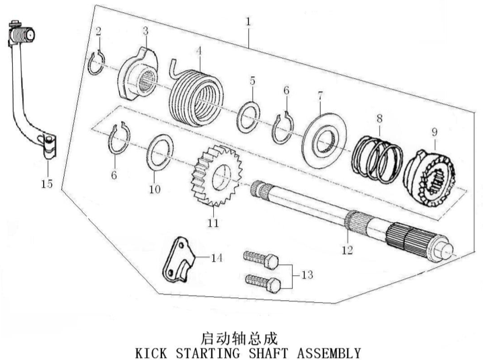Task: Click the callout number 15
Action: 47,184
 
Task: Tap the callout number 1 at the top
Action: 248,22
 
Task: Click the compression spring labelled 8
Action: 377,159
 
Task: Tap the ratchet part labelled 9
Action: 429,179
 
